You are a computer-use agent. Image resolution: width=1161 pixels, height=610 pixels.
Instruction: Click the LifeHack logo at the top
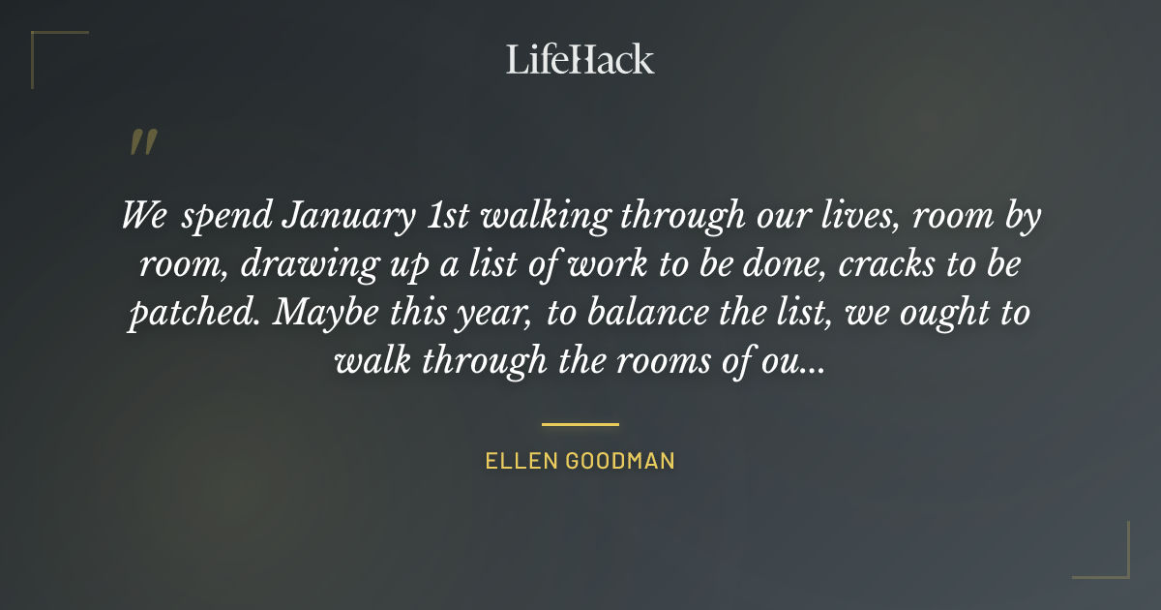tap(580, 59)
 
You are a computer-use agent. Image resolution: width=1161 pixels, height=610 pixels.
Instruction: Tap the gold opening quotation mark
tap(142, 142)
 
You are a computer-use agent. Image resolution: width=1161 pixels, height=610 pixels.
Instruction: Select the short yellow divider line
tap(580, 424)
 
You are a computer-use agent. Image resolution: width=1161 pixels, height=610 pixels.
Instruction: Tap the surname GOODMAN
tap(621, 460)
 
